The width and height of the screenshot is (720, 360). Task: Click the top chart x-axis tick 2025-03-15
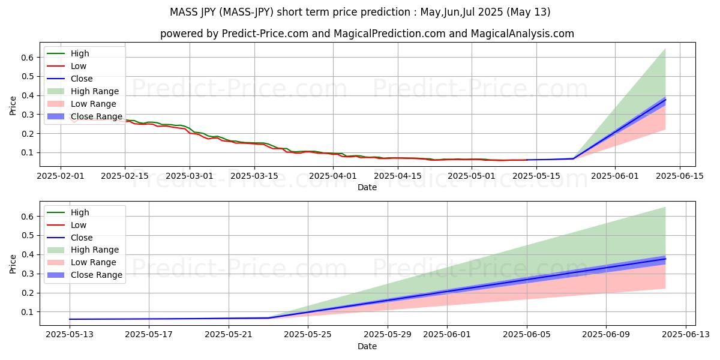click(254, 176)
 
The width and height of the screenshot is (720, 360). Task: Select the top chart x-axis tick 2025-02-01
click(61, 176)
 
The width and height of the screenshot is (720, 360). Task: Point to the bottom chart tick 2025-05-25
click(308, 335)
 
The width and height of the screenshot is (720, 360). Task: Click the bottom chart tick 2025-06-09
click(606, 335)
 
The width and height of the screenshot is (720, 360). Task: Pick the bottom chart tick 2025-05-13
click(70, 335)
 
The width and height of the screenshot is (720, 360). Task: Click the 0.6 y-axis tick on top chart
click(28, 58)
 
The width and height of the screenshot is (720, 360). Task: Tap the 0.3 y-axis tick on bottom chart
click(28, 274)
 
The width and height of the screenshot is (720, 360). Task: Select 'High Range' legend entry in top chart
click(94, 91)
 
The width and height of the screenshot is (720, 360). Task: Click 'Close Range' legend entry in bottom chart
click(97, 275)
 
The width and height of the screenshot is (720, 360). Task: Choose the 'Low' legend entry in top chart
click(79, 66)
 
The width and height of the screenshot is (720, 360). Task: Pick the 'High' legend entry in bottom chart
click(80, 212)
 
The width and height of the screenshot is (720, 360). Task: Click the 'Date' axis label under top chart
click(367, 187)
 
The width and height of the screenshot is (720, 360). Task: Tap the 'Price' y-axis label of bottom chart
click(13, 263)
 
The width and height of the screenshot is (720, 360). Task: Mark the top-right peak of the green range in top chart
click(665, 48)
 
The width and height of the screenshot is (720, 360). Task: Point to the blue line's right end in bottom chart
click(665, 259)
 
